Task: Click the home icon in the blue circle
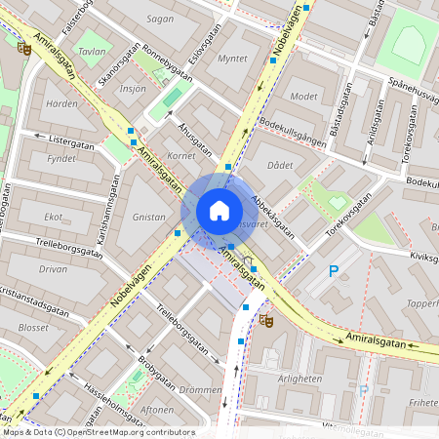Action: [219, 211]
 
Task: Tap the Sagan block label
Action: [159, 18]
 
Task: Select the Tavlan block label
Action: [92, 51]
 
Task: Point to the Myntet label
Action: [232, 59]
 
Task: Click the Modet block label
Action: [303, 97]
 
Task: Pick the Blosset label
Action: [32, 328]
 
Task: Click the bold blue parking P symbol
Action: [334, 271]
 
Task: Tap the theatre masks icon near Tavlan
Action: [23, 46]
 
